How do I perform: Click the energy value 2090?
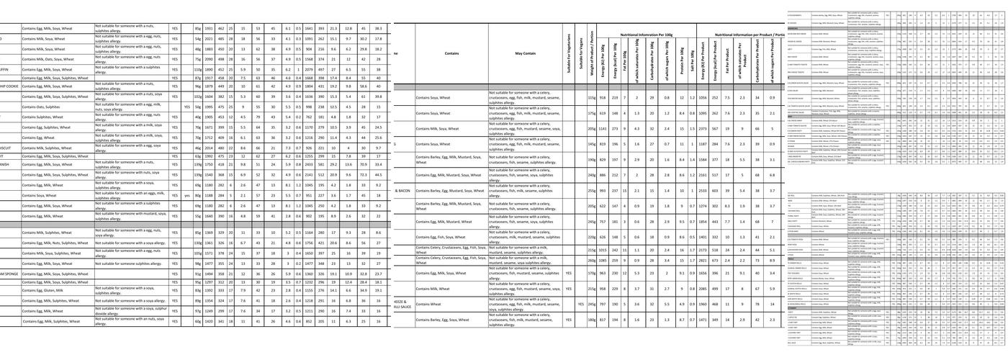tap(209, 59)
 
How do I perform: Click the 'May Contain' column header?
tap(525, 53)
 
